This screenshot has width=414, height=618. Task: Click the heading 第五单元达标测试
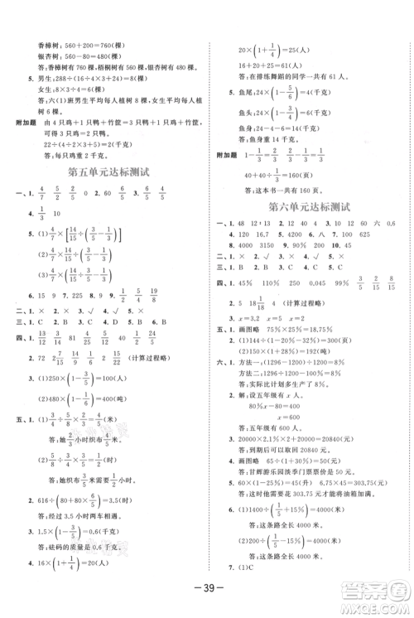[x=107, y=174]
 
